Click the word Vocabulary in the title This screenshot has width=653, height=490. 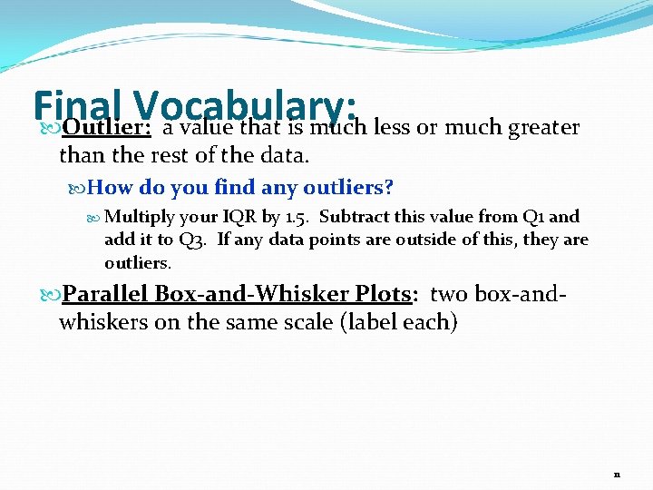click(245, 101)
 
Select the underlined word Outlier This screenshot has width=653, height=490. click(106, 127)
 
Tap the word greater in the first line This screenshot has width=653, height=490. click(543, 127)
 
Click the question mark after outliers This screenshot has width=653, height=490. click(389, 188)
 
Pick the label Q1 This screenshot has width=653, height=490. click(534, 218)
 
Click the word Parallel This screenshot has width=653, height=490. click(105, 295)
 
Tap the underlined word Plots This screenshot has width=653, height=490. click(381, 295)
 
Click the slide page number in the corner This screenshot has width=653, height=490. click(616, 475)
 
